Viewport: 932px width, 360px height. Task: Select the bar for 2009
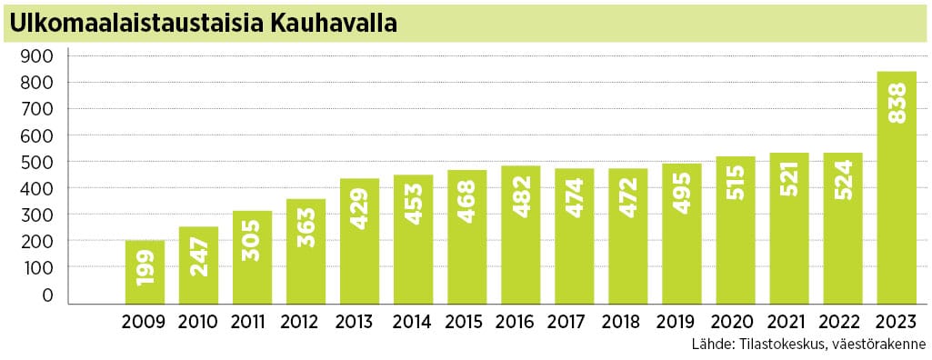tap(145, 272)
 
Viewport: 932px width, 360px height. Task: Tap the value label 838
tap(897, 105)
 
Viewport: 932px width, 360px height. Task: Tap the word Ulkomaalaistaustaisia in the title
tap(136, 23)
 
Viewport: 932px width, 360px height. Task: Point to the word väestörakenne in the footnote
tap(877, 345)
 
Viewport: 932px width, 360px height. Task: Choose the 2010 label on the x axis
tap(198, 323)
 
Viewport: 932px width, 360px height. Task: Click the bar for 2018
tap(627, 235)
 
